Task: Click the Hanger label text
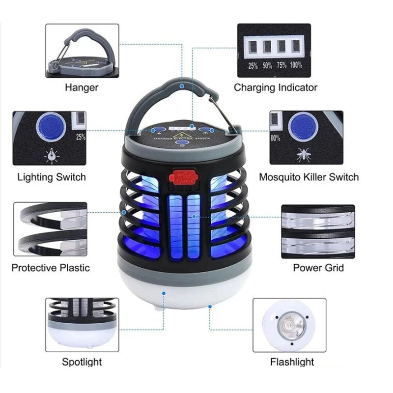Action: [82, 88]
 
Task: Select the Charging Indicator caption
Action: [275, 88]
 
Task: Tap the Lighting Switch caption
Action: [52, 177]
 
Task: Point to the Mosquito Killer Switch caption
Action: [309, 177]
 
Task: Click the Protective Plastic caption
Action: [51, 268]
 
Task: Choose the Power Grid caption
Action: [318, 268]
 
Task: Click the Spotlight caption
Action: [82, 362]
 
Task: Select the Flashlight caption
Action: [292, 363]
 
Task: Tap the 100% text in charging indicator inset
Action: [296, 65]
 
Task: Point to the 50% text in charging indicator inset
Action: [267, 65]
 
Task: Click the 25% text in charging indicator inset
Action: [253, 65]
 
